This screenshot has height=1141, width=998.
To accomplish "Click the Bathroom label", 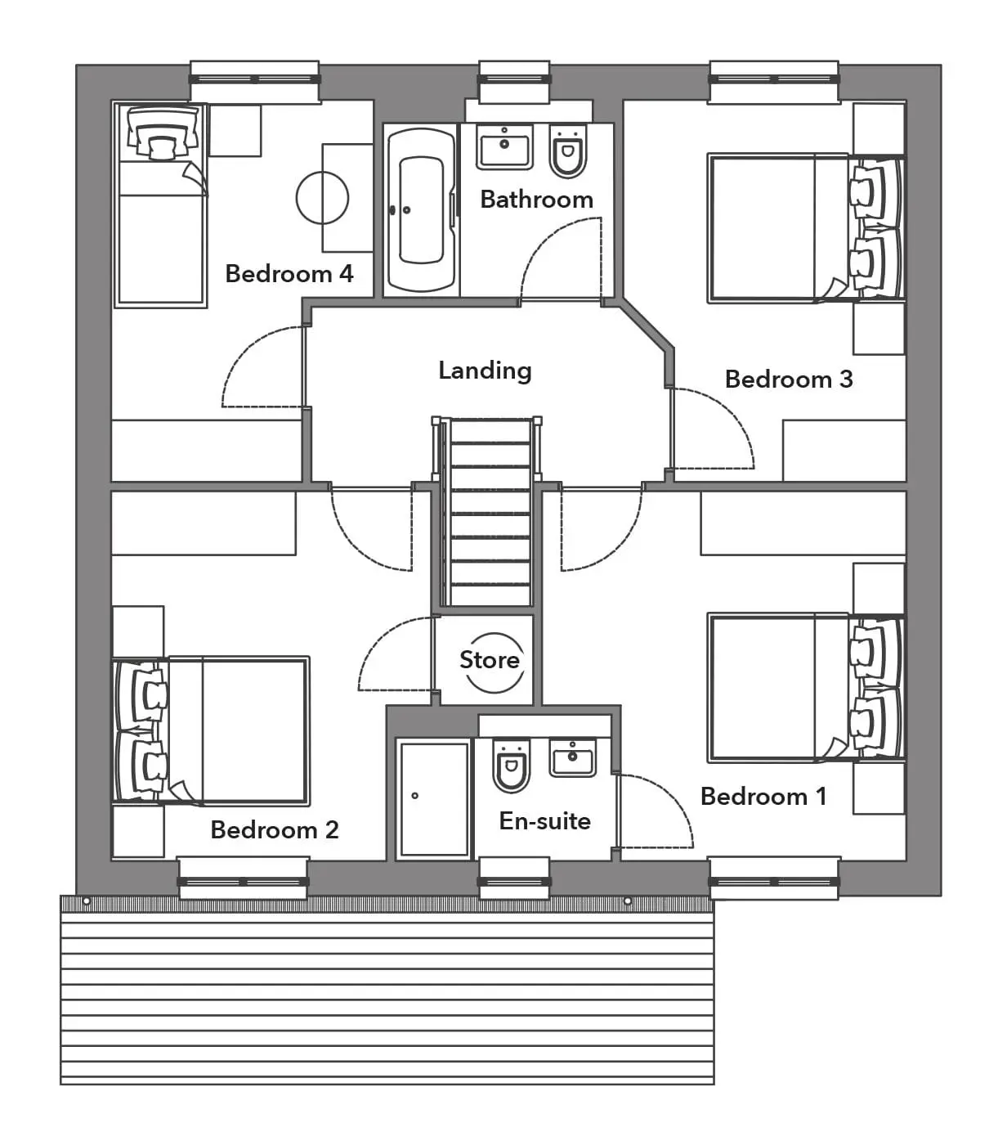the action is tap(537, 200).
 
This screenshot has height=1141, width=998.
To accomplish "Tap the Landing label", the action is tap(485, 371).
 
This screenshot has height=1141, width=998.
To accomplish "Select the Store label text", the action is tap(490, 660).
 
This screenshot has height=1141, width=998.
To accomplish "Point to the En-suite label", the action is tap(545, 821).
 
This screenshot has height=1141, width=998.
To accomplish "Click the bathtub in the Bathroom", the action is tap(422, 209).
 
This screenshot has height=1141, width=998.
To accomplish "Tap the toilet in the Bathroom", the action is tap(568, 150).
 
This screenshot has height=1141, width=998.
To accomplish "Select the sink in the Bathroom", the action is tap(504, 146).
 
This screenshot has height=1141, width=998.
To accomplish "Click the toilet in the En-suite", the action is tap(510, 766).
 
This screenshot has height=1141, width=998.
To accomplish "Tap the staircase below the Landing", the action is tap(487, 512).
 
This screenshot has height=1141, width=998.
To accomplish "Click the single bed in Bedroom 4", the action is tap(160, 204).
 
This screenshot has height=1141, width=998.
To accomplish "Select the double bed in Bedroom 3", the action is tap(806, 229).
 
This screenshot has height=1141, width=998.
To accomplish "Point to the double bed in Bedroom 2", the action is tap(211, 730).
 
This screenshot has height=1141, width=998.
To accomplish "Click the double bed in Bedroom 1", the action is tap(806, 688).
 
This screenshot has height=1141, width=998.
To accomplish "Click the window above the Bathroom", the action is tap(514, 80).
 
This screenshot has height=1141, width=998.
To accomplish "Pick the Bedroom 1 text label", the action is tap(763, 797).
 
